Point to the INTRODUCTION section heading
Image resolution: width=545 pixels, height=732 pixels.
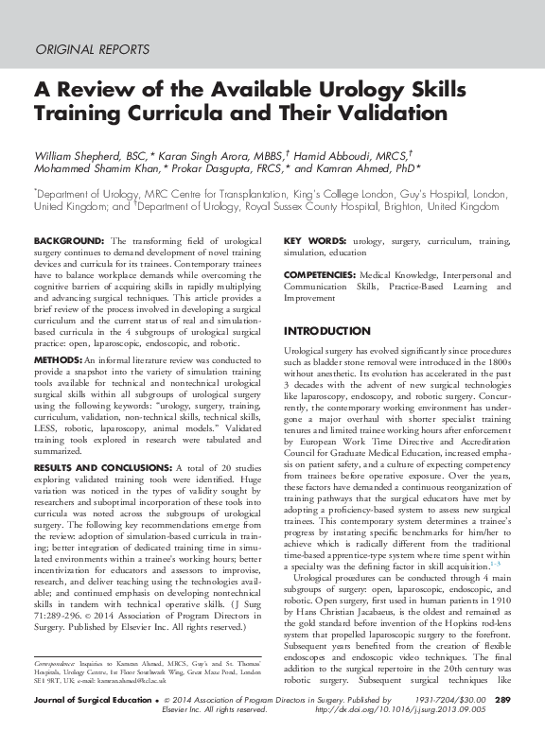pyautogui.click(x=327, y=332)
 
